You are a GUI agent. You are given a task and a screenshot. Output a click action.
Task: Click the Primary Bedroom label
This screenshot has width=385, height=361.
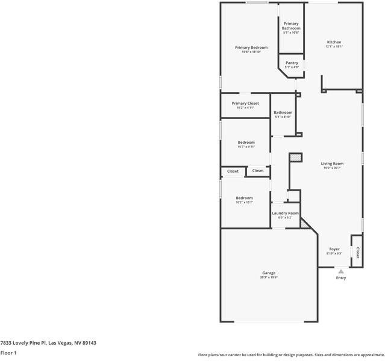(x=251, y=47)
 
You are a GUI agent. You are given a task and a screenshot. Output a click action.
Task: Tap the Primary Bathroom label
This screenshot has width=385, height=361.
(x=291, y=26)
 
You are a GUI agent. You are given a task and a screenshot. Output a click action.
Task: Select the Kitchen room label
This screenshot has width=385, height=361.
(x=334, y=42)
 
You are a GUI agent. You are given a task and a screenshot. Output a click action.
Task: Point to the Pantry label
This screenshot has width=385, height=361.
(x=292, y=63)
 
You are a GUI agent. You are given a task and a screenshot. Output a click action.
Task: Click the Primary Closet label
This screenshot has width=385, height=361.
(x=245, y=103)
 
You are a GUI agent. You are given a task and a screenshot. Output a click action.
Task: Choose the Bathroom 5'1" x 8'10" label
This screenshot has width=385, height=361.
(x=283, y=113)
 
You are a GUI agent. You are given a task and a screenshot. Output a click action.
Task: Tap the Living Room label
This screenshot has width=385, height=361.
(x=332, y=164)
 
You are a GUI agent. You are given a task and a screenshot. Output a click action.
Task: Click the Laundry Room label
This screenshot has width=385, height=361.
(x=285, y=213)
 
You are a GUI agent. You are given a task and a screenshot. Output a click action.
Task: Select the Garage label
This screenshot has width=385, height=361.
(x=269, y=273)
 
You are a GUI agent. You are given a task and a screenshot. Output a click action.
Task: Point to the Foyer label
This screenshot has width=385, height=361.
(x=334, y=249)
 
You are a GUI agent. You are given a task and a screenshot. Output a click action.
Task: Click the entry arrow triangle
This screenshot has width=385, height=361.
(x=341, y=271)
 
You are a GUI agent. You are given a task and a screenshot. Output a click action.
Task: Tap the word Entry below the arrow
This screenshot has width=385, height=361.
(x=341, y=278)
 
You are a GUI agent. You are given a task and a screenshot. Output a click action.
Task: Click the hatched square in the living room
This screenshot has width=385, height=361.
(x=295, y=157)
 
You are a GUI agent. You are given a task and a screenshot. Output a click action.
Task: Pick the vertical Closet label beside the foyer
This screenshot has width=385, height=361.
(x=357, y=253)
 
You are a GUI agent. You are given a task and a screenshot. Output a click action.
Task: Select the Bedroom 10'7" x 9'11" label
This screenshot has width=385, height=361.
(x=246, y=142)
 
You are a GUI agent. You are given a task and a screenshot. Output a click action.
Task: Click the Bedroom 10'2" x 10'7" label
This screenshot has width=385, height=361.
(x=244, y=198)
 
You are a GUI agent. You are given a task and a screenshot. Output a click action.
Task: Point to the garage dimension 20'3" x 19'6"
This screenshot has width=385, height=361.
(x=269, y=277)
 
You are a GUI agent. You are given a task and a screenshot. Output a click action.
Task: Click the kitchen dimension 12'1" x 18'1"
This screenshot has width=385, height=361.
(x=334, y=46)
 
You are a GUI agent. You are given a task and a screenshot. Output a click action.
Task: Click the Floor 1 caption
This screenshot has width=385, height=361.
(x=8, y=353)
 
